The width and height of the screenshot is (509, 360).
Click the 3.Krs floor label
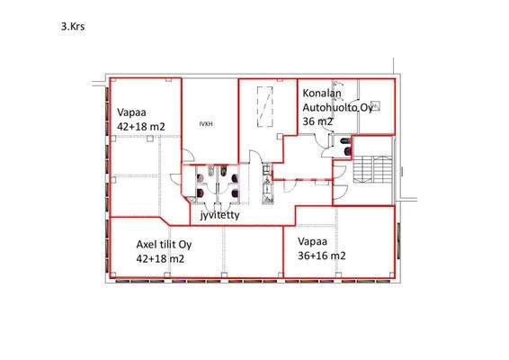73,28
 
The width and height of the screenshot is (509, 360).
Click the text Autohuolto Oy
335,107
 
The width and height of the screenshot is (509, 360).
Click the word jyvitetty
220,216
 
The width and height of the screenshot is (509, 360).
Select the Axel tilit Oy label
164,244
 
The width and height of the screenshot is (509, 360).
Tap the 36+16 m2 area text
325,256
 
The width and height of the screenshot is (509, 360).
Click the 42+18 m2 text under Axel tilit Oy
160,258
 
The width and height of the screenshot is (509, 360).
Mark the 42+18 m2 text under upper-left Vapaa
141,127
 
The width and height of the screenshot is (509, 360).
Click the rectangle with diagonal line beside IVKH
264,107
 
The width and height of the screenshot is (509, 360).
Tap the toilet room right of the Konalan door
341,144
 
